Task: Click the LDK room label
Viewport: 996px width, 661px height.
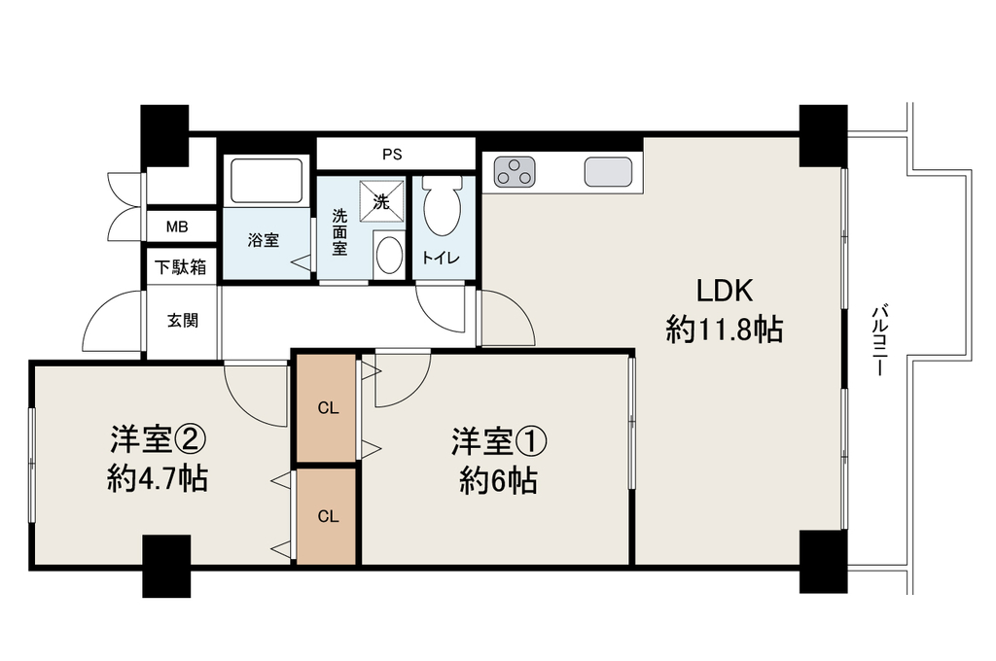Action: point(725,291)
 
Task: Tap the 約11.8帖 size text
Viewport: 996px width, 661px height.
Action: point(724,330)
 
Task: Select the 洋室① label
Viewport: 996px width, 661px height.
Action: point(499,442)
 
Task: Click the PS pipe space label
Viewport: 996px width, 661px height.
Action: point(393,155)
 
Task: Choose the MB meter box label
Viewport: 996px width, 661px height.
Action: point(177,226)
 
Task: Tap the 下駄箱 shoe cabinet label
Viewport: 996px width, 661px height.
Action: point(181,266)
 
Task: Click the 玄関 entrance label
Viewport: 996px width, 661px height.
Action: point(183,321)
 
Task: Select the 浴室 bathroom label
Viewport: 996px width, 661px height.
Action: point(263,240)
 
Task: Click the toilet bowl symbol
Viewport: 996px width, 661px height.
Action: point(443,204)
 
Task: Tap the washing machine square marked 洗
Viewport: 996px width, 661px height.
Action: point(381,201)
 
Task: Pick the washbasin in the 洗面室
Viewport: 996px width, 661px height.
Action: point(389,256)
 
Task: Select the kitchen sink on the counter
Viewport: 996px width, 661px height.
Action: point(609,171)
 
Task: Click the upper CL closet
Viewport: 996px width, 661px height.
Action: point(327,407)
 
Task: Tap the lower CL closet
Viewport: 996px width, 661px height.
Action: point(327,515)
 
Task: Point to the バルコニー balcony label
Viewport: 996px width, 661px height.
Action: point(879,340)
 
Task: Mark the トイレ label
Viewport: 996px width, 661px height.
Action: point(441,258)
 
